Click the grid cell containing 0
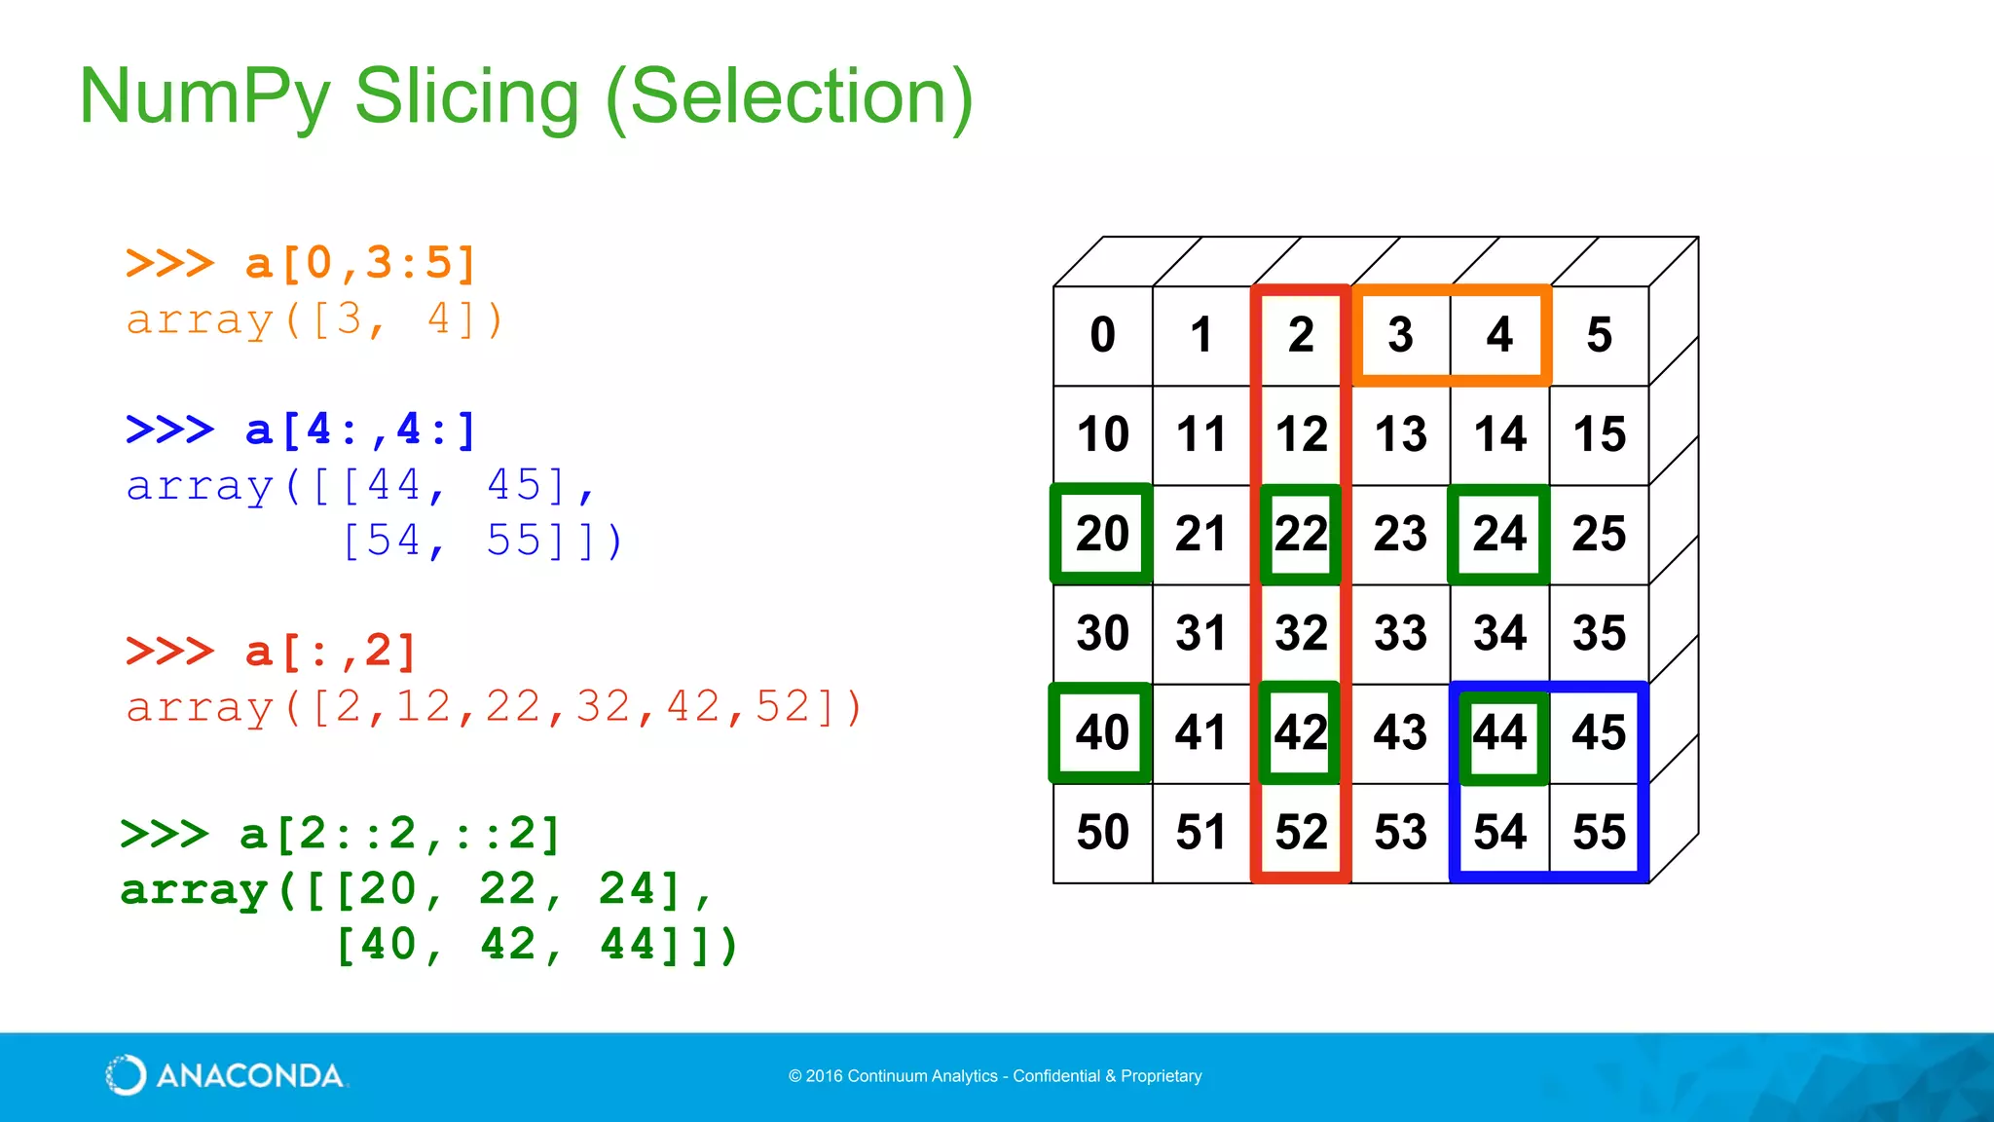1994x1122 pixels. (1102, 335)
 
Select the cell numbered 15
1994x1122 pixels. (1599, 434)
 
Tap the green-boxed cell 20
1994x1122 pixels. (1102, 534)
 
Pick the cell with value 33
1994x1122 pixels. (1400, 633)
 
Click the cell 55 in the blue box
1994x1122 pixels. (1599, 832)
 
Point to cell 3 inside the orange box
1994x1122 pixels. (1400, 335)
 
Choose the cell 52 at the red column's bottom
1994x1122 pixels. (1301, 832)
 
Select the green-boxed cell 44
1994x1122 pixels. (1499, 732)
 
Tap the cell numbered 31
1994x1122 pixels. (1201, 633)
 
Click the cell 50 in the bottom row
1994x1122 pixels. (1102, 832)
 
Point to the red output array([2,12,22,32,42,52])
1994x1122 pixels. (494, 707)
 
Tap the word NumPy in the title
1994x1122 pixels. (204, 97)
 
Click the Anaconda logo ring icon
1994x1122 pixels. (126, 1075)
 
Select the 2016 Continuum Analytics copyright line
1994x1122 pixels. (995, 1076)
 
